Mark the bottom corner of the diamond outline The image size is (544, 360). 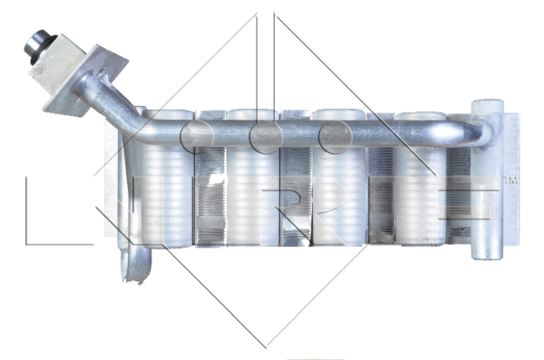pyautogui.click(x=267, y=345)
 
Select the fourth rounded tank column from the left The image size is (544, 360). pyautogui.click(x=421, y=195)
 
